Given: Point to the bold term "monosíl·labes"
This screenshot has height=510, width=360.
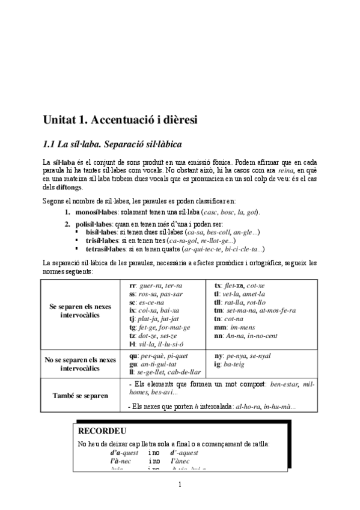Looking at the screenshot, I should tap(96, 212).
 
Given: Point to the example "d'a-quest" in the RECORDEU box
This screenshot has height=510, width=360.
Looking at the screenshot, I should tap(124, 453).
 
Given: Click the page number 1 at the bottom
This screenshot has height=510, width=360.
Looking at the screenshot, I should tap(180, 485).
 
